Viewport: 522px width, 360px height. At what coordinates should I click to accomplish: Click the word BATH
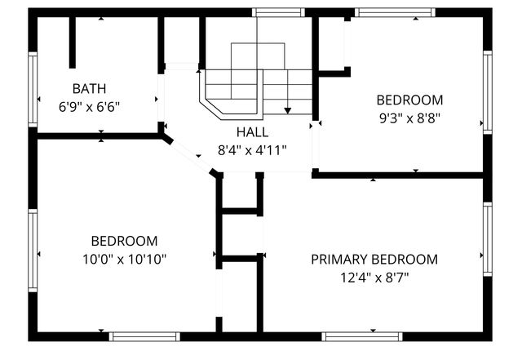pos(89,88)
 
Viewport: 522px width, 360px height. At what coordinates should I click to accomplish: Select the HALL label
pos(252,132)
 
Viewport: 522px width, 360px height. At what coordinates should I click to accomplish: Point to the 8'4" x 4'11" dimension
pos(252,150)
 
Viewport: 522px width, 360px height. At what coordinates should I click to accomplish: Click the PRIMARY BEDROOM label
pos(374,260)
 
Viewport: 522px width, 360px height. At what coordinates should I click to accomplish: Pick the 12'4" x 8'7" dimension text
pos(374,278)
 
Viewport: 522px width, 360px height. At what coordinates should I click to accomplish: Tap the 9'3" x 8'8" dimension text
pos(409,118)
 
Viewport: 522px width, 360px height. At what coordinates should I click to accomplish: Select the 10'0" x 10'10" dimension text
pos(124,259)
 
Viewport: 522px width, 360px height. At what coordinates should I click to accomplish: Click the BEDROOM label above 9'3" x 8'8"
pos(409,100)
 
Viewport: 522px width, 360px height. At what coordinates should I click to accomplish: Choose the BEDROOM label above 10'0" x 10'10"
pos(124,241)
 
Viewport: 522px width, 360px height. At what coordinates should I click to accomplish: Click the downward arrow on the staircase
pos(287,107)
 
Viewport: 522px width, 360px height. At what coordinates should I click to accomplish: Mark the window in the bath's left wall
pos(33,91)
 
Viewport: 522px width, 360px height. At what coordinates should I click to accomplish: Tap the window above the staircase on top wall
pos(278,12)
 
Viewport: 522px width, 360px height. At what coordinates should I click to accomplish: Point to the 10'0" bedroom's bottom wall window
pos(145,336)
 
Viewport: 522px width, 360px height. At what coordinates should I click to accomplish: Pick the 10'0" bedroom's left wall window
pos(33,249)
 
